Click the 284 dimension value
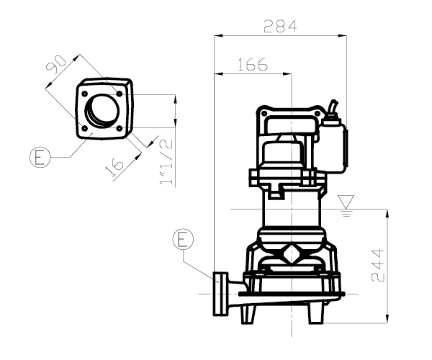coord(280,27)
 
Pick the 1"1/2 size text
coord(166,163)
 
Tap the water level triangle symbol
coord(346,199)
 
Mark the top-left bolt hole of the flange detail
coord(86,94)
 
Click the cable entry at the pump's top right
coord(333,109)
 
